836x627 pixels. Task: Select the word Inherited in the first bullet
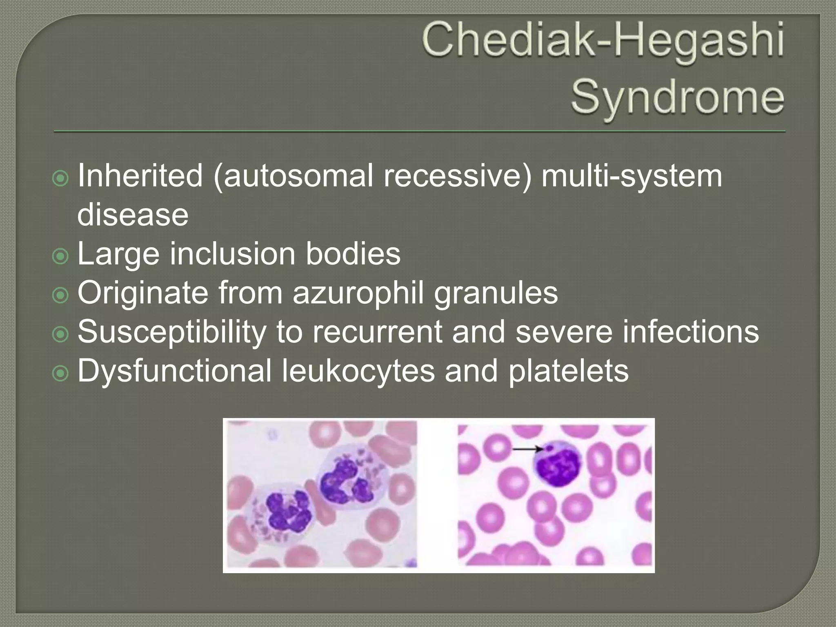(x=140, y=176)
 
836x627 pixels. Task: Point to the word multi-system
(x=631, y=176)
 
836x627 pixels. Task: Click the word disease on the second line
(x=133, y=215)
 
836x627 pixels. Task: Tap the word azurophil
(x=358, y=293)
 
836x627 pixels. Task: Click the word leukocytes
(x=358, y=371)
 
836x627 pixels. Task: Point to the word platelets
(x=568, y=371)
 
